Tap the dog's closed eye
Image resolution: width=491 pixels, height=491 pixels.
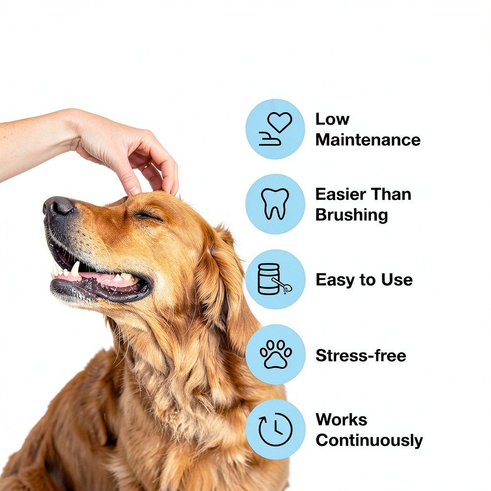147,216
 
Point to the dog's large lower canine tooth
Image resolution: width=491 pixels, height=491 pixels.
75,269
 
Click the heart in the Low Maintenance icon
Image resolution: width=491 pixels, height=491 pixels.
280,122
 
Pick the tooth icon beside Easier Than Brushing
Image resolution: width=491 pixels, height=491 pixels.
275,204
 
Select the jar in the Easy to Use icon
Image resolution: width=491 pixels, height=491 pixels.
269,279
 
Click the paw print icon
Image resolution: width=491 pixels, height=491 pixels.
276,354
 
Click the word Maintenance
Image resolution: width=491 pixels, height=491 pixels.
368,140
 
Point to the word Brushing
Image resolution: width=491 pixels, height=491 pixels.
351,215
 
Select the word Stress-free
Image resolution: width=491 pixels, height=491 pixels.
361,355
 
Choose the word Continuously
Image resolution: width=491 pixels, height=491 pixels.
369,441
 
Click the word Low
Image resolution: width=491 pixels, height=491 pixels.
332,119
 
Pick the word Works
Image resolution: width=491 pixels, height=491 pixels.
341,420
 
